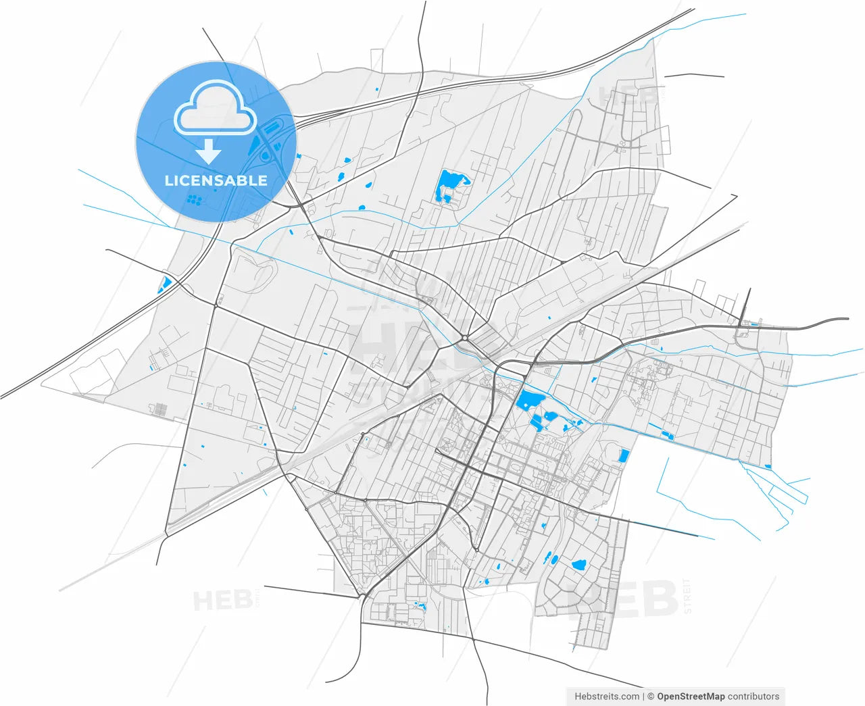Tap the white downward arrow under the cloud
pyautogui.click(x=209, y=151)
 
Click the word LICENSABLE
pyautogui.click(x=216, y=180)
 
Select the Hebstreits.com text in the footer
pyautogui.click(x=606, y=697)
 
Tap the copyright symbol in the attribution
pyautogui.click(x=650, y=697)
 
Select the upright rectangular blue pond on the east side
pyautogui.click(x=624, y=455)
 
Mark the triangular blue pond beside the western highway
pyautogui.click(x=164, y=285)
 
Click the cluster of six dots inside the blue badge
pyautogui.click(x=195, y=200)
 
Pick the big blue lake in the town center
pyautogui.click(x=529, y=400)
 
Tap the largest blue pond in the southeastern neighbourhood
pyautogui.click(x=578, y=565)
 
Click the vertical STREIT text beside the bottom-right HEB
pyautogui.click(x=688, y=596)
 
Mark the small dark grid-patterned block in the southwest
pyautogui.click(x=161, y=409)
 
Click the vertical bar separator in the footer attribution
pyautogui.click(x=643, y=697)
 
